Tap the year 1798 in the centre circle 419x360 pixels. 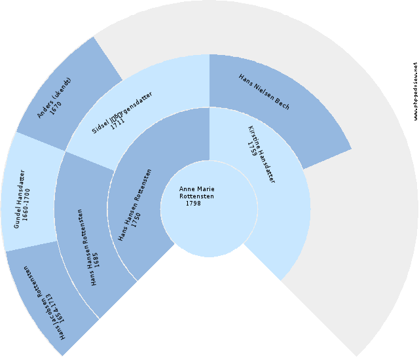click(x=193, y=204)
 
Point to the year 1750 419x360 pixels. click(x=136, y=220)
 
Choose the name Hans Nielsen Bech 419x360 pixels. click(x=264, y=92)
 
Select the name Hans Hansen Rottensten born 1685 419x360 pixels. click(x=88, y=247)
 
